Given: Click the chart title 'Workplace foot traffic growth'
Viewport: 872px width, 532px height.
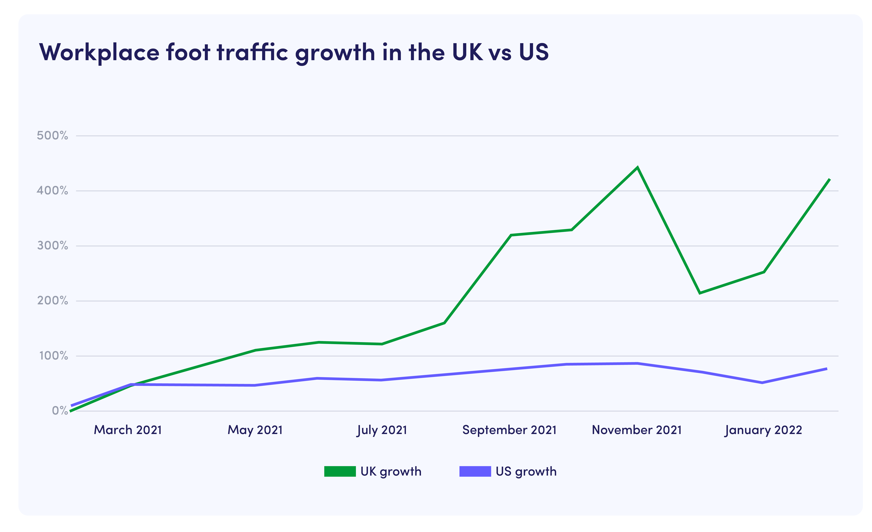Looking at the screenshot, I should click(294, 52).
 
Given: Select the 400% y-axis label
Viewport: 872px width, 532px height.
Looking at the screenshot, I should click(52, 191).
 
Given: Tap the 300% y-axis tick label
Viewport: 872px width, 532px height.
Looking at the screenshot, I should click(52, 246).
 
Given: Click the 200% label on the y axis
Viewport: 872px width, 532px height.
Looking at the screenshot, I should click(52, 301).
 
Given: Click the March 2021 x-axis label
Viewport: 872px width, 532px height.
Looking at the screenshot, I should click(128, 430).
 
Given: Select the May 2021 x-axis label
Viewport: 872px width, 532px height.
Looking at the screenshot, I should click(255, 430).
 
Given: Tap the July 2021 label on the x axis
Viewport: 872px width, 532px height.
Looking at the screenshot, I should click(382, 430).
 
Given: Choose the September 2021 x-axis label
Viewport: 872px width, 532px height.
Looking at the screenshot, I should click(509, 430).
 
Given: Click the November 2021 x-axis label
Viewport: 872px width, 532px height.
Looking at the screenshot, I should click(637, 430).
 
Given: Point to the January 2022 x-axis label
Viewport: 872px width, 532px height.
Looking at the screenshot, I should click(763, 430).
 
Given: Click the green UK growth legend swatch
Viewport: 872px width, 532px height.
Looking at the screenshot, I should click(340, 471).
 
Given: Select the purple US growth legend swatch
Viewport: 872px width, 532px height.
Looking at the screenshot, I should click(475, 471).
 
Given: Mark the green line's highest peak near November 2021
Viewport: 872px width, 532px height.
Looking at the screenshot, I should click(637, 167).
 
